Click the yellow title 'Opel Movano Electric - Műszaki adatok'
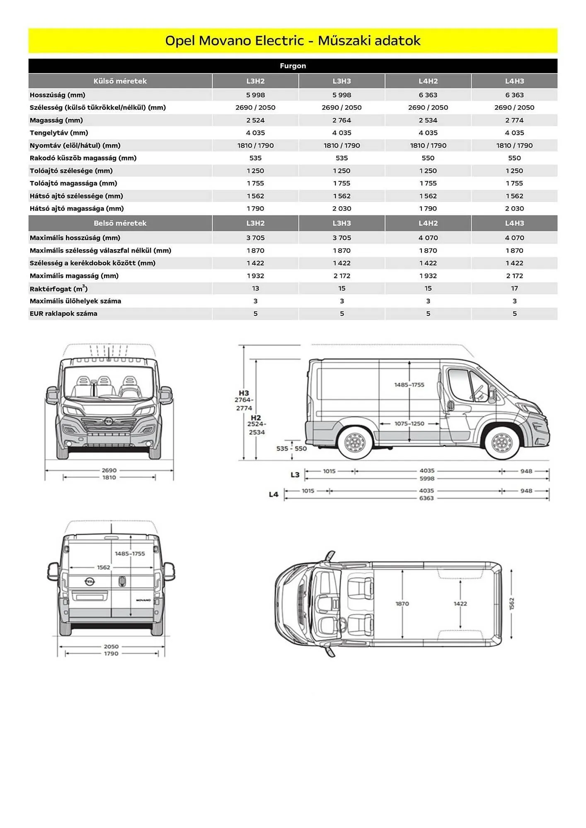tap(293, 41)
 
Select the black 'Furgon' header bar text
tap(293, 66)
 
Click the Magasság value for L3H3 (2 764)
tap(341, 120)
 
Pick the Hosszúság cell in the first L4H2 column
tap(428, 95)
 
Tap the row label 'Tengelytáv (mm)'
tap(59, 133)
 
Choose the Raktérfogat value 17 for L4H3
tap(514, 289)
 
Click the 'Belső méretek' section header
tap(120, 223)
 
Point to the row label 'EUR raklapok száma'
tap(63, 314)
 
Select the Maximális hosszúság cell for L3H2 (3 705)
tap(255, 238)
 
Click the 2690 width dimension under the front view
tap(109, 470)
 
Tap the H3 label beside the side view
tap(244, 393)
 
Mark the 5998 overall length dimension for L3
tap(427, 479)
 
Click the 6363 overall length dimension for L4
tap(426, 498)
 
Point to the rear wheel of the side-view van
tap(354, 443)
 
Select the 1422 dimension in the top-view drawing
tap(460, 604)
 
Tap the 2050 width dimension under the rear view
tap(111, 646)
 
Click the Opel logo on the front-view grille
tap(109, 421)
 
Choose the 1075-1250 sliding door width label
tap(409, 424)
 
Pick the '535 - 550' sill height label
tap(291, 448)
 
